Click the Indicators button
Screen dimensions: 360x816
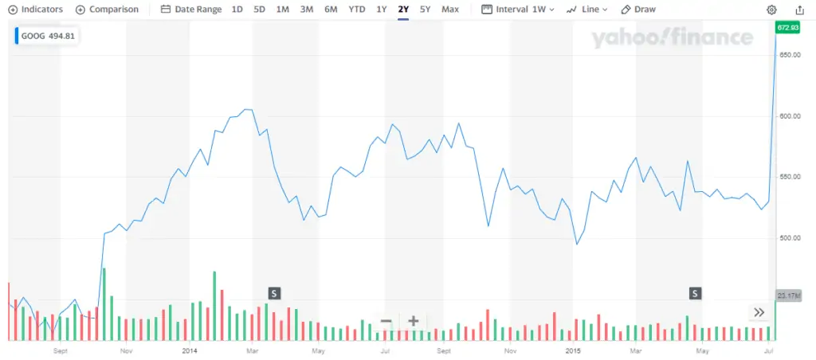(35, 10)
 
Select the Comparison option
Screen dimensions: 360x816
(107, 10)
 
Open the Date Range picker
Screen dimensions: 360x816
(191, 10)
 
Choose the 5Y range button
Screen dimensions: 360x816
(425, 10)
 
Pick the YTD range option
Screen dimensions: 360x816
(357, 10)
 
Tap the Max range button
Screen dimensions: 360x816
(450, 10)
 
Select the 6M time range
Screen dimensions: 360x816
(331, 10)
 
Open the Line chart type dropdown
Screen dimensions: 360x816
(586, 10)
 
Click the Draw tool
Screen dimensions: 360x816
(638, 10)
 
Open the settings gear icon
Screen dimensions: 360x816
(771, 10)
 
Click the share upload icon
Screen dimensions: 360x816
(799, 10)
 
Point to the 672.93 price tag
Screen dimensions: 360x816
(787, 29)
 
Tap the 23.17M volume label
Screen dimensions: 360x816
(787, 296)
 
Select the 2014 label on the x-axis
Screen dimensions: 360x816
(190, 350)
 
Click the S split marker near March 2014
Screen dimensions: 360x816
(274, 293)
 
